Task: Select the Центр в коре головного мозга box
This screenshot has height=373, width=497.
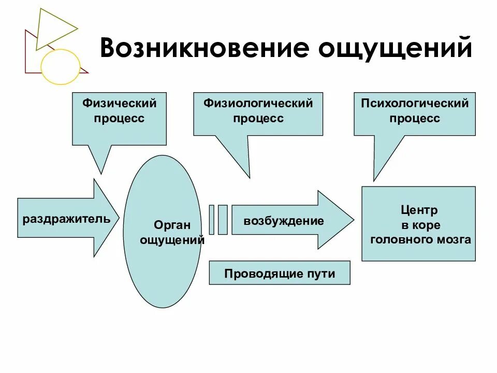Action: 418,224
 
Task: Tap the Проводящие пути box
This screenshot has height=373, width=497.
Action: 280,273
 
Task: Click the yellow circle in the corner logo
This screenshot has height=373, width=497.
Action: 61,67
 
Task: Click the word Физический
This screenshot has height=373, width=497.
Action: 119,103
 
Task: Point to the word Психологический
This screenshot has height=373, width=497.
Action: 415,103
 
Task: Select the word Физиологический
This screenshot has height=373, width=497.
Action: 258,103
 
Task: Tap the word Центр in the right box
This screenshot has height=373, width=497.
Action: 419,210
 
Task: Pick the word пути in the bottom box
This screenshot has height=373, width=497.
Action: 323,274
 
